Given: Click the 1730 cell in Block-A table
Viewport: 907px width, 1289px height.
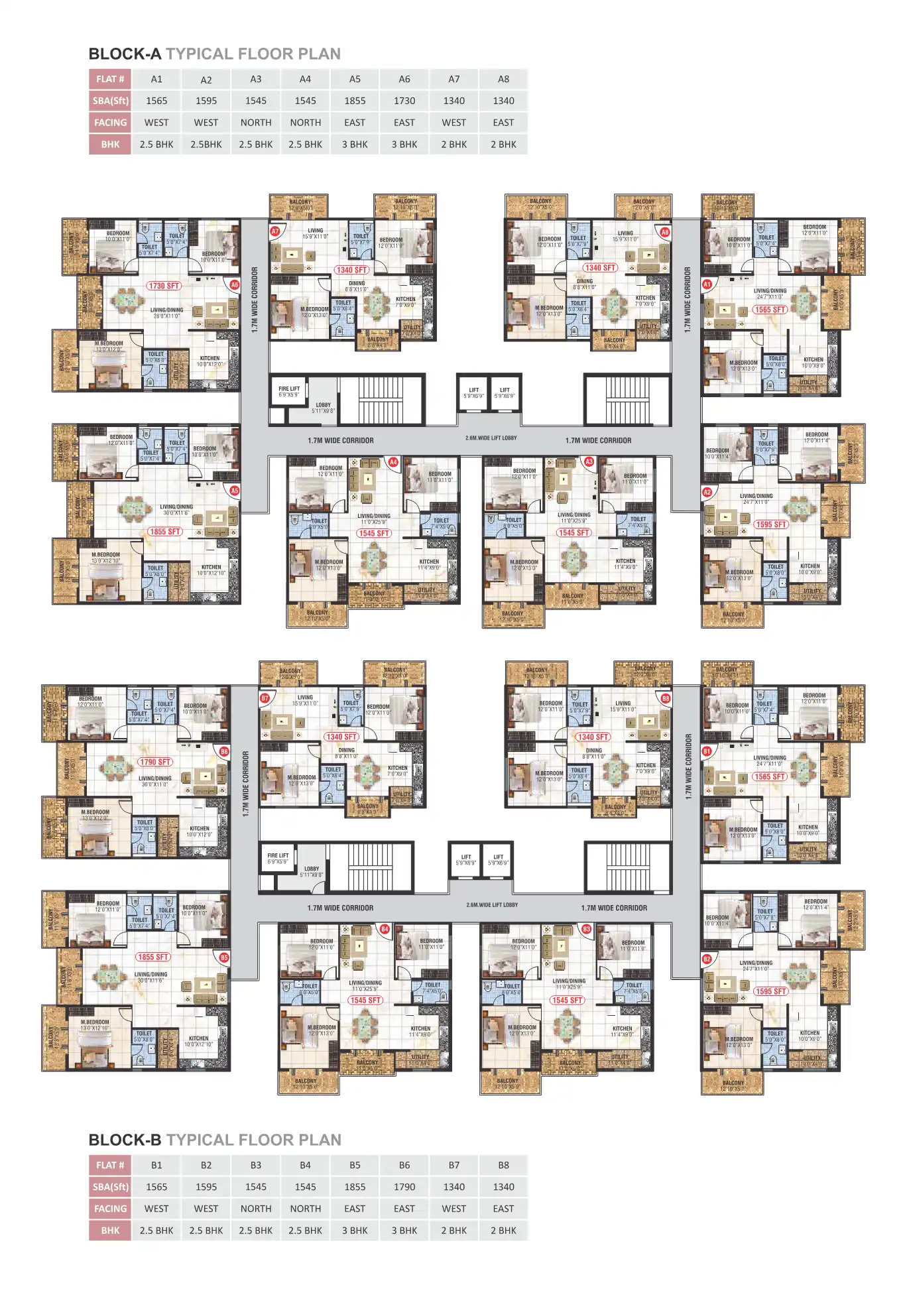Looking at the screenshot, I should click(404, 101).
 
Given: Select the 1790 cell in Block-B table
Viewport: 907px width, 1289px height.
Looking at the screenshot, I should click(404, 1187).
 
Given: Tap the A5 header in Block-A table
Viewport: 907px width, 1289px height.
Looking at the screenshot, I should click(355, 79).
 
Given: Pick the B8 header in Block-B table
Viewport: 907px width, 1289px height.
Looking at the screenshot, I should click(503, 1165).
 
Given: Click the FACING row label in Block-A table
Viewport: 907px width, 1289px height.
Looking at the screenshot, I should click(110, 123).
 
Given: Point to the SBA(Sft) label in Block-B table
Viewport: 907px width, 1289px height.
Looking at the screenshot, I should click(110, 1187).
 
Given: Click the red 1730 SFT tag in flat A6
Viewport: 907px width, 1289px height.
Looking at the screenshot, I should click(164, 286).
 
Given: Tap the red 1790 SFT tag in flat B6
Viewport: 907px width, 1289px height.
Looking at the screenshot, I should click(155, 762).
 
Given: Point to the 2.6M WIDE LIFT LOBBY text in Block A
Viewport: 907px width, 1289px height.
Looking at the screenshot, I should click(491, 438).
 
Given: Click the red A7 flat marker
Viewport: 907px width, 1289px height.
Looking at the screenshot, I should click(276, 231).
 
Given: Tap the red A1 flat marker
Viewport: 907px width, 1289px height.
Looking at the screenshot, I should click(707, 284).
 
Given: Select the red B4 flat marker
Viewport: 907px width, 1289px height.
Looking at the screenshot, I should click(385, 929).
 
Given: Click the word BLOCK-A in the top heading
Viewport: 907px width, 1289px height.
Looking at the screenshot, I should click(125, 54).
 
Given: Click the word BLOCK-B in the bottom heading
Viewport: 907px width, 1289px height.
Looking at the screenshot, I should click(125, 1140).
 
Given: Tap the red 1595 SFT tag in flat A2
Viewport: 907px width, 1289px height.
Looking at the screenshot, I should click(771, 524).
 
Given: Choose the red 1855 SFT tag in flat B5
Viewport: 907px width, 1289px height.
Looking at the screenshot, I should click(153, 957).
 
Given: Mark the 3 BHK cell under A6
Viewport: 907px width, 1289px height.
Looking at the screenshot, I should click(404, 145).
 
